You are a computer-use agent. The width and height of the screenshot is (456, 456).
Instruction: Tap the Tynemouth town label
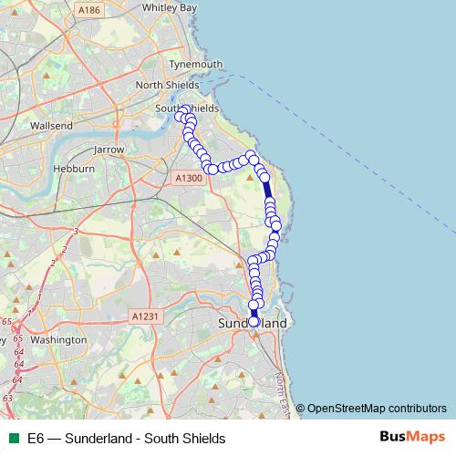pyautogui.click(x=197, y=64)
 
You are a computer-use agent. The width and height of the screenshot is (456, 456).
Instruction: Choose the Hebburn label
pyautogui.click(x=75, y=169)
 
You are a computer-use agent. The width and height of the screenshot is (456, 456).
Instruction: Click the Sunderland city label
pyautogui.click(x=253, y=324)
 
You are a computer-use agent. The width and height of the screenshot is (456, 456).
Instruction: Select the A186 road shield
pyautogui.click(x=88, y=10)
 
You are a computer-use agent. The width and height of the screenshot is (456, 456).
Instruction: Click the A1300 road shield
pyautogui.click(x=188, y=178)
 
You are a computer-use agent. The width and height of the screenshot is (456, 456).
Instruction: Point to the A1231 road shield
pyautogui.click(x=144, y=316)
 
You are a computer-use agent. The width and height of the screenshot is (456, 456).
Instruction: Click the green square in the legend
pyautogui.click(x=12, y=438)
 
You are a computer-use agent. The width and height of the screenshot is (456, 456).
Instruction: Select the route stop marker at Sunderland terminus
pyautogui.click(x=254, y=321)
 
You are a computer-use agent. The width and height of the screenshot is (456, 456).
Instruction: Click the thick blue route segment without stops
pyautogui.click(x=267, y=192)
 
